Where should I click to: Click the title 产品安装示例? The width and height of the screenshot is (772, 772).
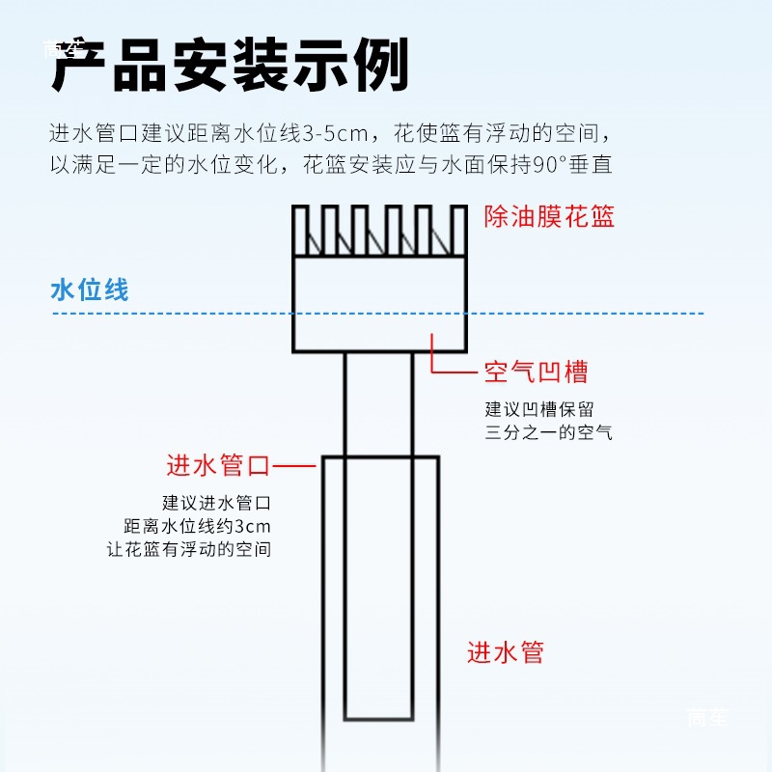[230, 66]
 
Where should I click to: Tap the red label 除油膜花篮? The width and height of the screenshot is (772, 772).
[549, 215]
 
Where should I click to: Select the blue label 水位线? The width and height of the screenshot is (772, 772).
[89, 289]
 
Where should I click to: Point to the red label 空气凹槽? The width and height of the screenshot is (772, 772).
[536, 372]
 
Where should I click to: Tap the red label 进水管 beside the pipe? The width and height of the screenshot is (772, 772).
[506, 652]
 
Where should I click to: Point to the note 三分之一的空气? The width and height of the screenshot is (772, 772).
[548, 432]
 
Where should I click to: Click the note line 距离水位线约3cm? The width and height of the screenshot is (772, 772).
[198, 527]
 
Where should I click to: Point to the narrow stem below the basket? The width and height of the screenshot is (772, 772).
[380, 405]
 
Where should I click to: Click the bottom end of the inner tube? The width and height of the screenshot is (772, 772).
[380, 719]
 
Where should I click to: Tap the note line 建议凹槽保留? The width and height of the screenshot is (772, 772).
[539, 409]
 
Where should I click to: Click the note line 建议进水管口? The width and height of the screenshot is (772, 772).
[216, 503]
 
